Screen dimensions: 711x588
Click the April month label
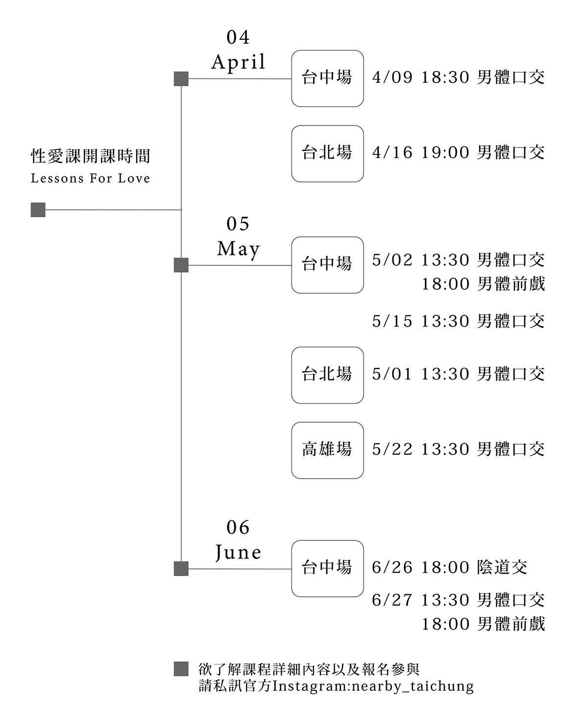click(x=238, y=62)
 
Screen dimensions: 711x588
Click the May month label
click(x=238, y=249)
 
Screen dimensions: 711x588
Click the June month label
click(x=238, y=553)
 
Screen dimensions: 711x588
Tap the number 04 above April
click(x=238, y=37)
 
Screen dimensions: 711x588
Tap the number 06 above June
click(x=238, y=528)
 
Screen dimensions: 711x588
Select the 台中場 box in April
click(x=327, y=78)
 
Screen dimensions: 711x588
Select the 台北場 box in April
click(x=327, y=153)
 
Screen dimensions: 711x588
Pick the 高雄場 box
click(x=327, y=450)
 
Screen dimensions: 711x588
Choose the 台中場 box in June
click(x=327, y=568)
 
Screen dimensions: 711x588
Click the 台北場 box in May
click(x=327, y=375)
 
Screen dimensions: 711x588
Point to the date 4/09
click(x=392, y=77)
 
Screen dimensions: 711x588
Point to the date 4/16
click(x=392, y=152)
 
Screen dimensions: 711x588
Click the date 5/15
click(x=392, y=321)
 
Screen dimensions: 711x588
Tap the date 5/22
click(x=392, y=449)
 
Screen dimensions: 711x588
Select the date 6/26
click(x=392, y=567)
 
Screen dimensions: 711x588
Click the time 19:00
click(x=445, y=152)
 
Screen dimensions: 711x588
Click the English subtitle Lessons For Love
click(x=90, y=178)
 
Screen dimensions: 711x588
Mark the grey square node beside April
click(x=181, y=78)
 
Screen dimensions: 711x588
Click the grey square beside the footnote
click(x=181, y=669)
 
